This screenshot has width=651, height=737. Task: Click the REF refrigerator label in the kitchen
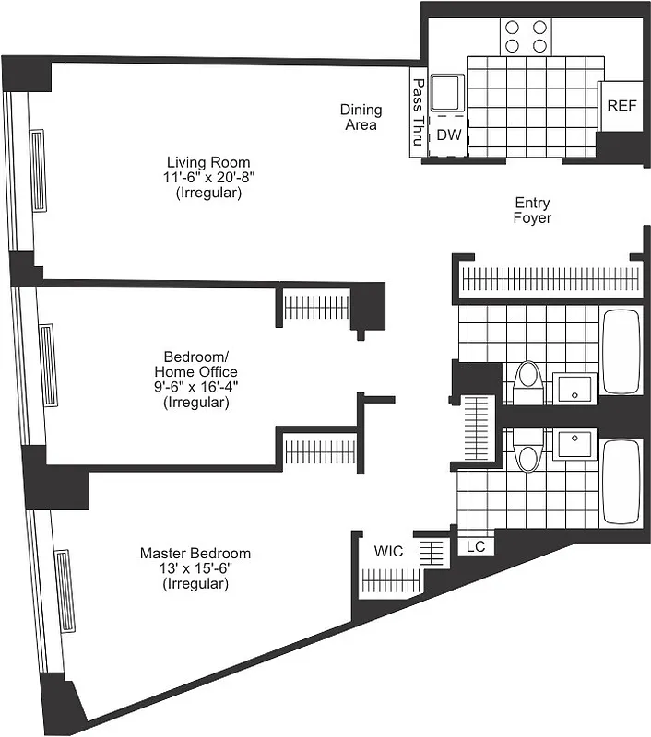(x=621, y=105)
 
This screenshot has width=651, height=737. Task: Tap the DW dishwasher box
(x=448, y=135)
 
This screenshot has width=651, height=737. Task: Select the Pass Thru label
(x=417, y=113)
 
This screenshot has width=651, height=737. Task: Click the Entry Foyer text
(x=533, y=210)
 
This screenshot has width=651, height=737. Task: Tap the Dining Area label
(x=361, y=117)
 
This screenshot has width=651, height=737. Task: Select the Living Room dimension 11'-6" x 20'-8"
(x=207, y=178)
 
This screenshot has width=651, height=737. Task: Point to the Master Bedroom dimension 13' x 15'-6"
(x=195, y=568)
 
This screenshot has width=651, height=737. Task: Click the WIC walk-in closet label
(x=387, y=551)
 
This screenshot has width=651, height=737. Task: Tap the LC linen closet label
(x=476, y=546)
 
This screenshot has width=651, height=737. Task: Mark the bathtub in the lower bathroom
(x=620, y=482)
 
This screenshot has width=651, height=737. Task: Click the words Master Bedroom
(x=195, y=553)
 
